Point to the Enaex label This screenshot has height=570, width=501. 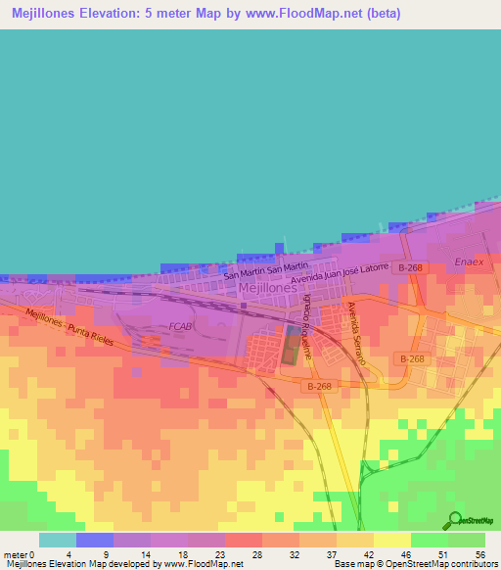pos(469,261)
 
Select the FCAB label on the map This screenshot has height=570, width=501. pos(180,325)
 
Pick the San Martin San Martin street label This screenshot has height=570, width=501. pos(266,269)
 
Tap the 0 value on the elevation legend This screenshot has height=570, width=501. pos(31,554)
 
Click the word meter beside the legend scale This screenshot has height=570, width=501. pos(14,554)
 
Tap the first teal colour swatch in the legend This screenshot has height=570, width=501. pos(58,540)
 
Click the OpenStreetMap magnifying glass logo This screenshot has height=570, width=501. pos(453,521)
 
